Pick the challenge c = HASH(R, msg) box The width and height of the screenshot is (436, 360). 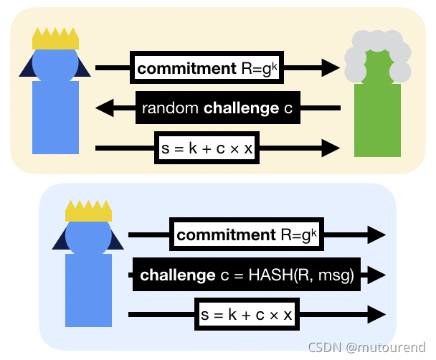point(247,275)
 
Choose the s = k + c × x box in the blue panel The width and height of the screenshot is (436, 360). point(247,314)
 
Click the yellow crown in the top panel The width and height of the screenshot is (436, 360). point(55,39)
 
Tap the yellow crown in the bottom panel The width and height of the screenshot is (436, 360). point(88,211)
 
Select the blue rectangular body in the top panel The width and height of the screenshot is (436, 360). point(55,116)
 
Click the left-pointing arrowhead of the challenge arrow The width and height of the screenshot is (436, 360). point(105,109)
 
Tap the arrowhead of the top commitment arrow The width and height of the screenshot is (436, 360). point(331,69)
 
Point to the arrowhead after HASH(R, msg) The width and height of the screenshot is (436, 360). point(377,275)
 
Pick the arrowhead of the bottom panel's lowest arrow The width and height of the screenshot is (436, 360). point(377,314)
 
